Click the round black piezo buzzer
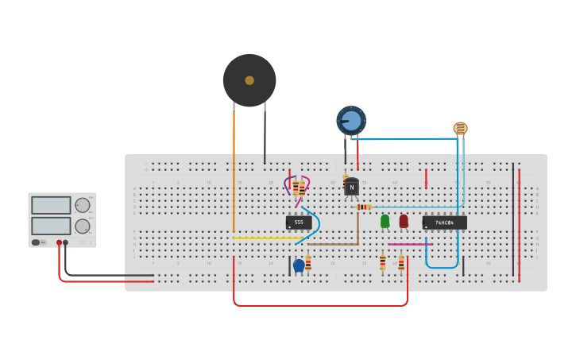point(249,80)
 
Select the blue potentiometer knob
point(351,121)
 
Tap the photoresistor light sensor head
point(460,127)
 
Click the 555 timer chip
point(299,223)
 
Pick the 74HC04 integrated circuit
point(444,223)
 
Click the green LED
point(385,220)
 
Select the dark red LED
point(404,220)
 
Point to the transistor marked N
point(351,187)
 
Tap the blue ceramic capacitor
point(299,265)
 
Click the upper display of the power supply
point(51,205)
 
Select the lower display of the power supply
point(51,226)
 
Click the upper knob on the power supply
point(82,205)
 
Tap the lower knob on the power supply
point(82,226)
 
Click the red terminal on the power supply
point(59,242)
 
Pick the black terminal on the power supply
point(66,242)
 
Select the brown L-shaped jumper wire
point(334,244)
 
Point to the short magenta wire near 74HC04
point(407,244)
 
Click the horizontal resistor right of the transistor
point(363,207)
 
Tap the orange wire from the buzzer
point(234,167)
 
